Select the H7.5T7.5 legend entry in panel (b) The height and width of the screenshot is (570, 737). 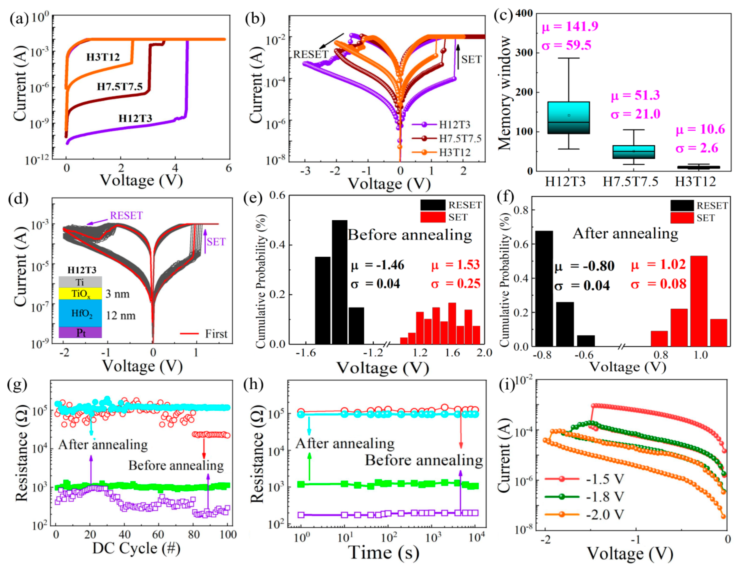(460, 139)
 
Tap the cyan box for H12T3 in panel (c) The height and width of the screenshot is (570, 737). (569, 117)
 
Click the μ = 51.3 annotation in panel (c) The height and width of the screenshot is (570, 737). (635, 96)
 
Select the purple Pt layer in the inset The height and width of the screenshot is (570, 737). (80, 333)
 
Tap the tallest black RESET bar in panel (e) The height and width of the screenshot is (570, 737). (339, 282)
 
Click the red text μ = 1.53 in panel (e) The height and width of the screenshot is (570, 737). (455, 265)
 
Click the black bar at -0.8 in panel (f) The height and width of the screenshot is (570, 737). (544, 289)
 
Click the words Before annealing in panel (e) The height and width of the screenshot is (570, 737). (409, 235)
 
